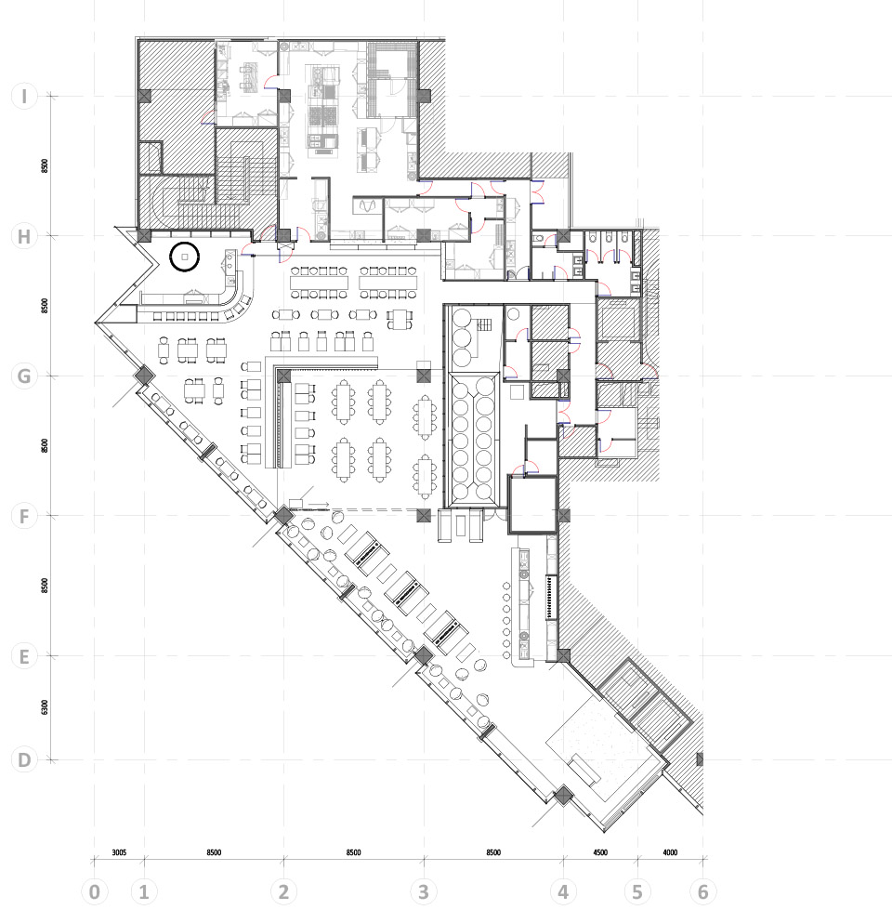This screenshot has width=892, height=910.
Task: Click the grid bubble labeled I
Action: pos(24,96)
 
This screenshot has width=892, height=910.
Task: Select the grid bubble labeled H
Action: pos(24,236)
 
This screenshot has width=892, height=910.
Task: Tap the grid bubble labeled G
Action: pos(24,376)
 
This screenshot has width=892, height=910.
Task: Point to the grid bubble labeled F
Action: pos(24,516)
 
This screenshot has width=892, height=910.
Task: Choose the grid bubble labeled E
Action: pos(24,656)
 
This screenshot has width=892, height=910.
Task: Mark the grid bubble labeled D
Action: pos(24,759)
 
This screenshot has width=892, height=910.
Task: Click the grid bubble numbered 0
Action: pos(95,891)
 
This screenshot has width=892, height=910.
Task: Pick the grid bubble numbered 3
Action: pos(424,891)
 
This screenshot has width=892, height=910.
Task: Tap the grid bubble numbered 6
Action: pos(703,891)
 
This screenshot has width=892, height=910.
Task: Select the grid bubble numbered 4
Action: pos(563,891)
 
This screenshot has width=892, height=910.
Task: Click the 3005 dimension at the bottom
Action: pos(119,852)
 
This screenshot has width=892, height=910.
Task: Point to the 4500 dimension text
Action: pos(600,852)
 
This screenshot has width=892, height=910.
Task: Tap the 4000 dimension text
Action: pos(670,852)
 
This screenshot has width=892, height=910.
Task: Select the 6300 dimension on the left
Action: pos(46,707)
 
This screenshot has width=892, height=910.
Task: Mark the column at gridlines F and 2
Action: pos(283,515)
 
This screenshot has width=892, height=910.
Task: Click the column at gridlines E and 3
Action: pos(424,656)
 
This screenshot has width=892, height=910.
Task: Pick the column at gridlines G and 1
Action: pos(143,376)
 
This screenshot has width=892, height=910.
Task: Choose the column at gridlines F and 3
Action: pos(424,516)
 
